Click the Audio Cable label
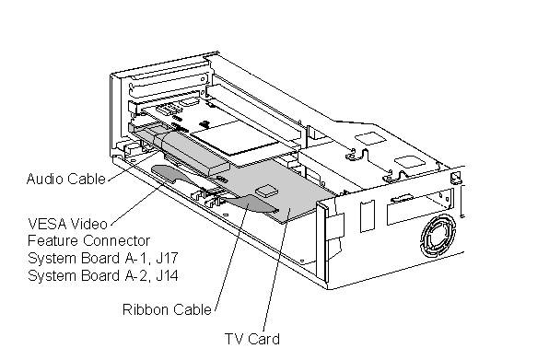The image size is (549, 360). point(65,179)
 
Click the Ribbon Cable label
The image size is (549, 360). point(167,309)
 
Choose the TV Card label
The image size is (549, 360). point(252,339)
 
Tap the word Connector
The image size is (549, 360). point(117,241)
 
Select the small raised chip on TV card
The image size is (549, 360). point(265,191)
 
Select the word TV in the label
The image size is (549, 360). point(233,339)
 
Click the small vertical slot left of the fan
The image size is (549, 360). point(368,215)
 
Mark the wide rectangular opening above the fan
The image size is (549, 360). point(420,207)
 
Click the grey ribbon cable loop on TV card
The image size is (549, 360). point(250,203)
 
